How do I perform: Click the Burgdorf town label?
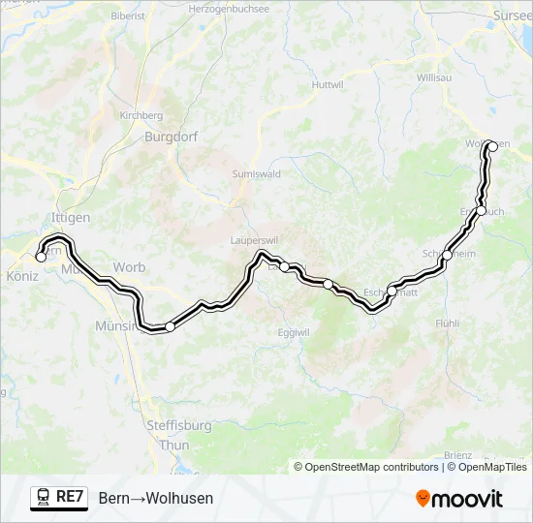tap(171, 137)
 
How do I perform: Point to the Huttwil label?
tap(300, 85)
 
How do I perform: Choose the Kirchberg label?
tap(141, 115)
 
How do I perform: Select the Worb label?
tap(129, 267)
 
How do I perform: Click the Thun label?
tap(174, 445)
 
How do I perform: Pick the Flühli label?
tap(447, 323)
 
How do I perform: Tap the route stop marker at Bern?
tap(41, 258)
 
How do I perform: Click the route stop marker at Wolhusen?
tap(491, 146)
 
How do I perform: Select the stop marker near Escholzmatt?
tap(392, 290)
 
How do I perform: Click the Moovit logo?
tap(459, 499)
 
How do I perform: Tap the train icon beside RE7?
tap(44, 498)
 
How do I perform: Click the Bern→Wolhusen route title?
tap(156, 498)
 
